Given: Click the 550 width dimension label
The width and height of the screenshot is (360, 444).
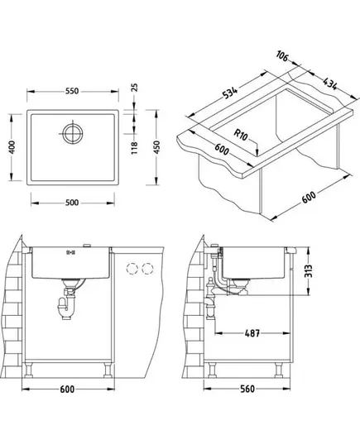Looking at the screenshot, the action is [72, 91].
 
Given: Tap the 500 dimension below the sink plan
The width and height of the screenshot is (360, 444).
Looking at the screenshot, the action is [72, 203].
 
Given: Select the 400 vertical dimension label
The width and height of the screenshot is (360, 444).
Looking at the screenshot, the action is [12, 147].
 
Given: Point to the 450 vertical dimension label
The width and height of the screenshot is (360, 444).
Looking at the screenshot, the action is [156, 147].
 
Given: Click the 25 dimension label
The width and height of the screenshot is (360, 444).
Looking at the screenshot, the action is [135, 88].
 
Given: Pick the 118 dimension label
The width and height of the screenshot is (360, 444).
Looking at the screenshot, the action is [135, 147].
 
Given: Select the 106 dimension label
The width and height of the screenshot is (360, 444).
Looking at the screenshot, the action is [282, 55].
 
